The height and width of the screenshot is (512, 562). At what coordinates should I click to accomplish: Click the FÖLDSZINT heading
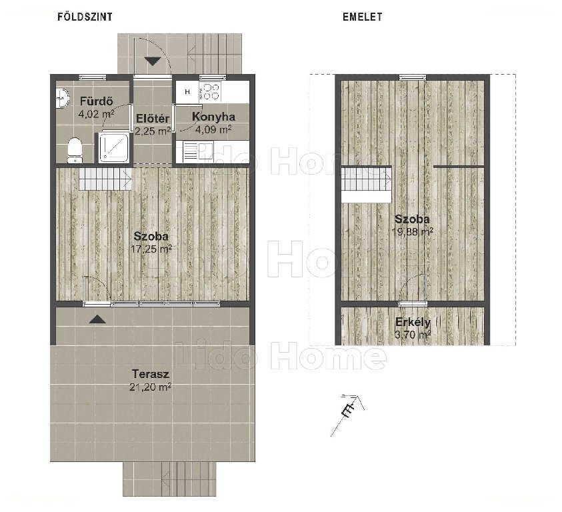[85, 17]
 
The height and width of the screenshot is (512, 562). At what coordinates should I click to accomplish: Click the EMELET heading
[363, 17]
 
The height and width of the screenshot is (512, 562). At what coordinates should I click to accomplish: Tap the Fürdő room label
[96, 101]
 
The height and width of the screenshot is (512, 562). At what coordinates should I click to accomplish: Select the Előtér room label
[153, 119]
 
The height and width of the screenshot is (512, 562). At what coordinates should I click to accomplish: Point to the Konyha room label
[213, 117]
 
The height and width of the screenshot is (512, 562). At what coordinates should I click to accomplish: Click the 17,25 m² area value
[151, 249]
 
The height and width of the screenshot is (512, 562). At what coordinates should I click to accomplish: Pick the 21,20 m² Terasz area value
[151, 387]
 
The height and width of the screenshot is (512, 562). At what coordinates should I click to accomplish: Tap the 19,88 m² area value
[413, 231]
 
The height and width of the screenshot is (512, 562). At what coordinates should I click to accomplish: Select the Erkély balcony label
[413, 322]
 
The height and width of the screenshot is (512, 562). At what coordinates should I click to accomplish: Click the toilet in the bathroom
[75, 150]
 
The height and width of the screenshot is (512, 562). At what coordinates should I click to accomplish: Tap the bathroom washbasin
[63, 97]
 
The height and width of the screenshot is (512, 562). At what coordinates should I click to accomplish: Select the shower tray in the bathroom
[113, 147]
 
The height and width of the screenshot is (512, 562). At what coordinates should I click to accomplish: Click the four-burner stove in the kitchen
[209, 91]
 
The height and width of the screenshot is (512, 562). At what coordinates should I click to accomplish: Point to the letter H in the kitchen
[187, 92]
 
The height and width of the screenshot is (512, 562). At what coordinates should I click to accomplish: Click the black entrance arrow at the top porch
[153, 61]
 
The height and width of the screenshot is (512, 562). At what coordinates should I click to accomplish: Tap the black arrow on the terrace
[97, 319]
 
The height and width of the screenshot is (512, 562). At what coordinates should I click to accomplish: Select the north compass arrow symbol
[347, 415]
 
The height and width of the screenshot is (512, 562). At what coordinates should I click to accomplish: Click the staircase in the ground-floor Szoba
[105, 179]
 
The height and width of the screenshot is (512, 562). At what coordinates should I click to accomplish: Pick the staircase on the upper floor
[366, 179]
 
